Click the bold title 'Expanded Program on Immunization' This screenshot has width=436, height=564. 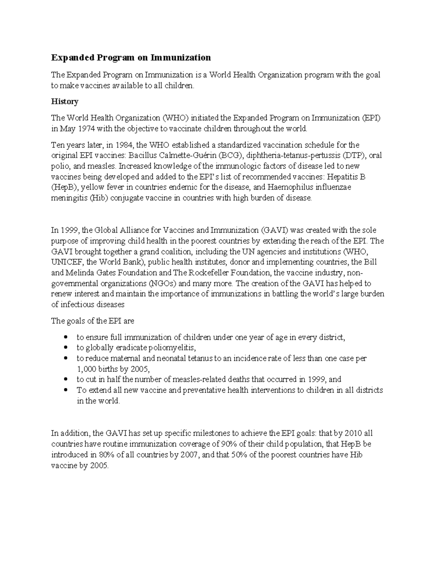point(131,57)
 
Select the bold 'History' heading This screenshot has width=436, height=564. point(65,101)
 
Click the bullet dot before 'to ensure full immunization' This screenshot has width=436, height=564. point(65,337)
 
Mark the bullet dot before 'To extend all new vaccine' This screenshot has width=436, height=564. point(65,390)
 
